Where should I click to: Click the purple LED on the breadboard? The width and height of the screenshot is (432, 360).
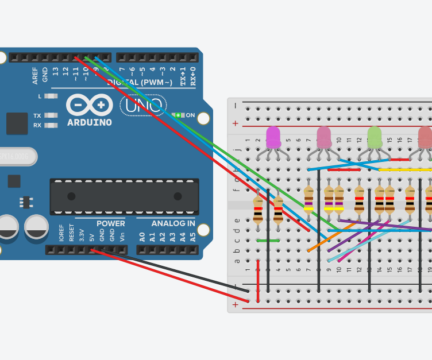(273, 138)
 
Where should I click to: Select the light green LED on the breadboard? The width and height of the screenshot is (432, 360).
(375, 138)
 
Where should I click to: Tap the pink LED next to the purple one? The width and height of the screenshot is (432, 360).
(324, 138)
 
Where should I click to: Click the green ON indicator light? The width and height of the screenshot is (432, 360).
(178, 115)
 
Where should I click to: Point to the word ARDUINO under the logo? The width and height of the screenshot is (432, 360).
(89, 122)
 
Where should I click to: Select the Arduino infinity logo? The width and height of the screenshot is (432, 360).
(89, 105)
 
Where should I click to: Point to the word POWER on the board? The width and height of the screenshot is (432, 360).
(110, 223)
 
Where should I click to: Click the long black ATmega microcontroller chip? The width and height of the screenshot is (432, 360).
(124, 196)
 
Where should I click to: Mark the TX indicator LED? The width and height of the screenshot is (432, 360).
(51, 115)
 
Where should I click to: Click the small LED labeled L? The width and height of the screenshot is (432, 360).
(51, 96)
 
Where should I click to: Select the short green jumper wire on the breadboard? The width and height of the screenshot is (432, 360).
(268, 241)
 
